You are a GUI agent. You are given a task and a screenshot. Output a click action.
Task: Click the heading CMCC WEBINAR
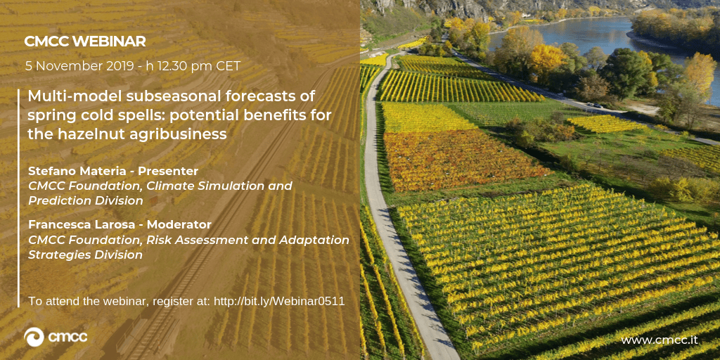point(85,41)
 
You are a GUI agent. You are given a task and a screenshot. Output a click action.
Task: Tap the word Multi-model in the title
point(69,97)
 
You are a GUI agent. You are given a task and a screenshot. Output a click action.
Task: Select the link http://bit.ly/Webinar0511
point(279,302)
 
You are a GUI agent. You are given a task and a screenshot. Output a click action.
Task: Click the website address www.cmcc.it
point(660,340)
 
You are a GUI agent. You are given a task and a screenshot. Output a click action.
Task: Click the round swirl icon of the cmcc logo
point(34,337)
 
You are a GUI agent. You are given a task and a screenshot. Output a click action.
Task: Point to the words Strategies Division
point(85,255)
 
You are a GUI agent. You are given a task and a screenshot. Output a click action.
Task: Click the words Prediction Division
point(85,201)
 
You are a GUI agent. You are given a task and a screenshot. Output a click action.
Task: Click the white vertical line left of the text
point(19,198)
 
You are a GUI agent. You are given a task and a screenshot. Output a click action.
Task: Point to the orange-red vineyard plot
point(464,161)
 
